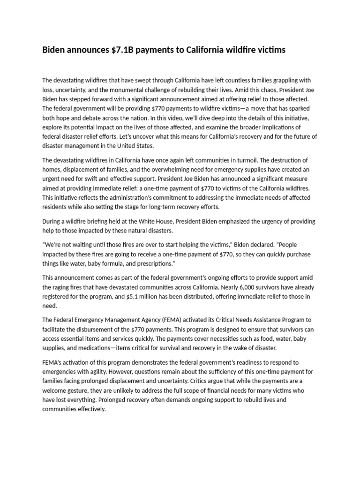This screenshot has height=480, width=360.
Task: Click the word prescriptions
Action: pos(155,263)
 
